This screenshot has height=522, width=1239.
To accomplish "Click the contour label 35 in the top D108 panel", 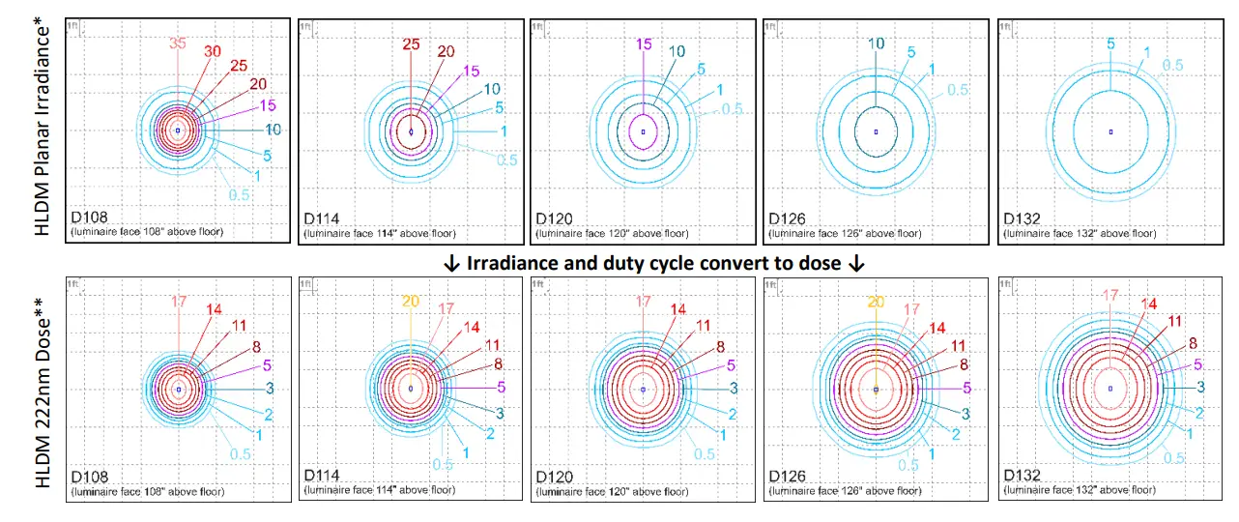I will [x=177, y=43].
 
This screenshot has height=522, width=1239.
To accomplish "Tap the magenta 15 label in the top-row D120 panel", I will [x=643, y=43].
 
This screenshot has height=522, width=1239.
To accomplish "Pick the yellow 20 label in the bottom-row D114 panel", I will [x=410, y=301].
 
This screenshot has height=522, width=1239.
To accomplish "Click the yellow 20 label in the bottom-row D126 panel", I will [x=876, y=301].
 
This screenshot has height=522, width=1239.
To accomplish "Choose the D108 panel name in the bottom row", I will [x=89, y=478].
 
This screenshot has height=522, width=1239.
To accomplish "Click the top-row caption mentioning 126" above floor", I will [x=845, y=233].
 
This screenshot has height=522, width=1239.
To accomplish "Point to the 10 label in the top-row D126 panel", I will [x=876, y=43].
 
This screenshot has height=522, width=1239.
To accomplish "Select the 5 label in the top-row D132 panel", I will [x=1110, y=43].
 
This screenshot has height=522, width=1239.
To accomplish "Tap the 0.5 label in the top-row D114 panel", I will [x=506, y=159].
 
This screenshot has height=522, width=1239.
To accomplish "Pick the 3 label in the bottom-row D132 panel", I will [x=1200, y=387].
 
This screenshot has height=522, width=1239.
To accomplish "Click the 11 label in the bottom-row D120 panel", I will [x=704, y=325].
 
